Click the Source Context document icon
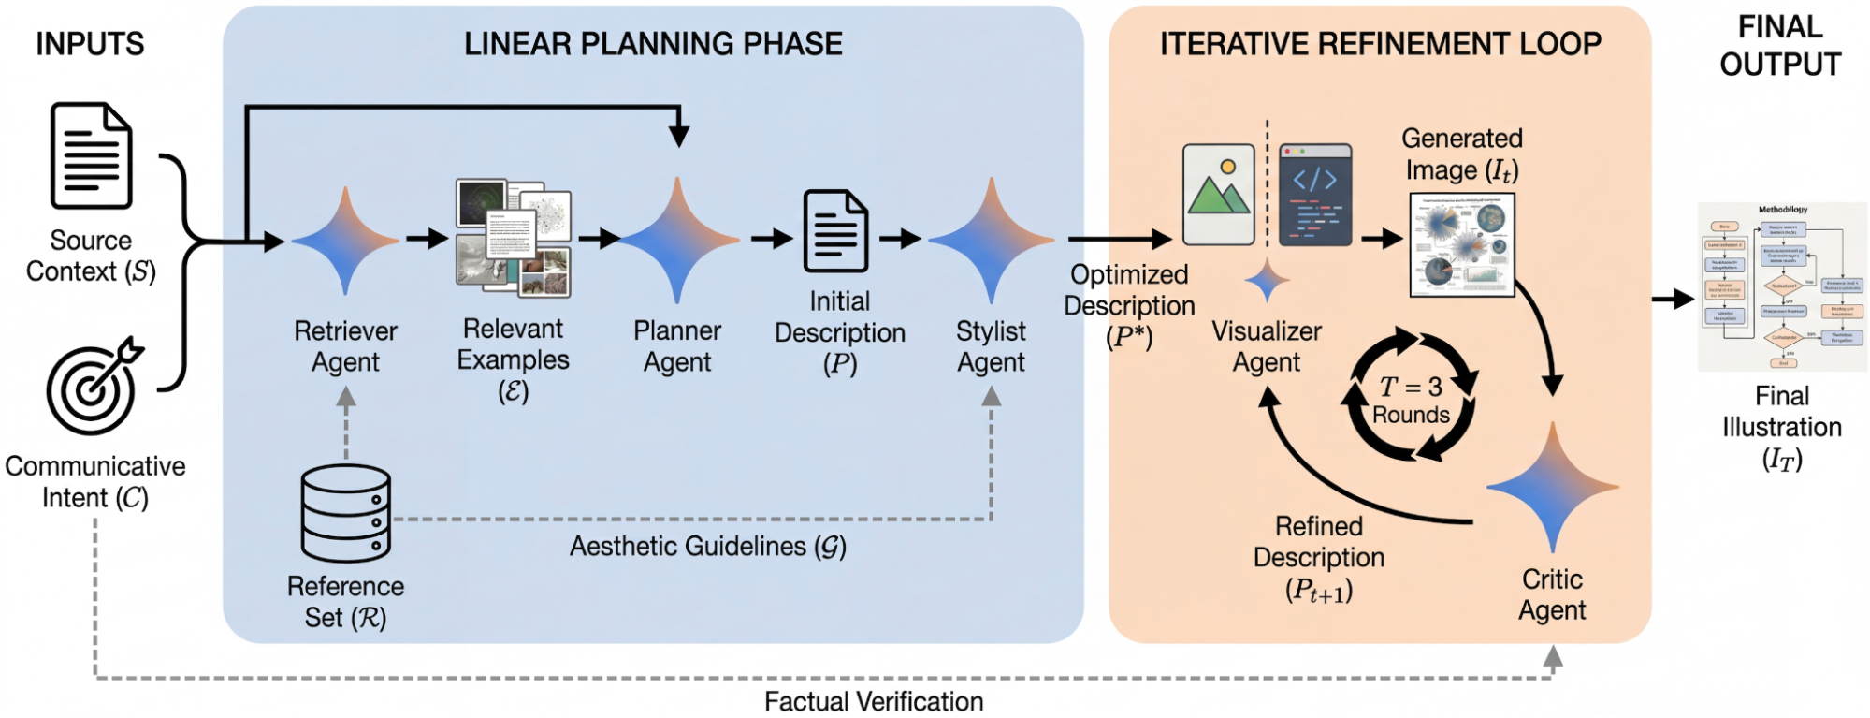[91, 155]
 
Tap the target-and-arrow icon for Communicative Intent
[93, 388]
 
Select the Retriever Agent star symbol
[345, 241]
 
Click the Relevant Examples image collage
[513, 239]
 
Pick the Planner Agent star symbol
[677, 241]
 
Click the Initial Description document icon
[835, 231]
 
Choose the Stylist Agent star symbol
[991, 241]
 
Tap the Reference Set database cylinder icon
[345, 513]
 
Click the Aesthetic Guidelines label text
[707, 547]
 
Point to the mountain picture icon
[1218, 195]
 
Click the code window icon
[1314, 195]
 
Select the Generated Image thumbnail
[1461, 244]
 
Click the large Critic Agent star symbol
[1552, 487]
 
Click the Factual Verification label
[873, 701]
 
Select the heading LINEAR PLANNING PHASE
[653, 44]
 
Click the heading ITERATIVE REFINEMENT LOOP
[1380, 44]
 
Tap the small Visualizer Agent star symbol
[1267, 281]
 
